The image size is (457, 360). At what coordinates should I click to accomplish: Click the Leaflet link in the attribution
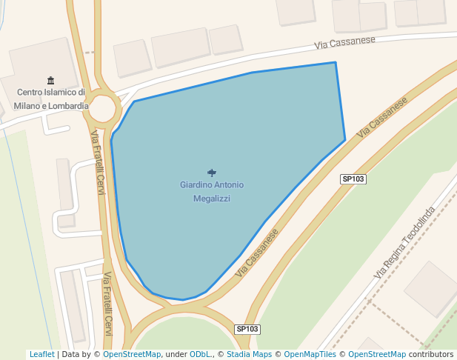[41, 355]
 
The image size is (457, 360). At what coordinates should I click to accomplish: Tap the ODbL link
[200, 355]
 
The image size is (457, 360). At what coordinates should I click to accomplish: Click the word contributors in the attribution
[431, 355]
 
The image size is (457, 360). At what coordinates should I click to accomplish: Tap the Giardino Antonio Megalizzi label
[212, 191]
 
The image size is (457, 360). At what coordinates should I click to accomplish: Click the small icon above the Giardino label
[212, 173]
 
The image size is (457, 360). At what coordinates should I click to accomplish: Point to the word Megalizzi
[212, 199]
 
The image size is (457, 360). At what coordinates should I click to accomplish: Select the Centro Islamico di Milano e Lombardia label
[51, 99]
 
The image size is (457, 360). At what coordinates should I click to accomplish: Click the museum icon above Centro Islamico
[50, 80]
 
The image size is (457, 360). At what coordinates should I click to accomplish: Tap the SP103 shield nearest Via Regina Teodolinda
[353, 179]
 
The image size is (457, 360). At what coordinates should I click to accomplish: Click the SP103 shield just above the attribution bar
[248, 329]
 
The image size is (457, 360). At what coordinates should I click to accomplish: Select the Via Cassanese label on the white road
[344, 44]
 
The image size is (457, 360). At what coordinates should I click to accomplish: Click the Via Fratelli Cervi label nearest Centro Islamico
[98, 163]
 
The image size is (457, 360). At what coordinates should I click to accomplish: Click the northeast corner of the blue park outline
[336, 63]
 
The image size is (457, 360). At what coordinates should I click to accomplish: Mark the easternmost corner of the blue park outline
[345, 139]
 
